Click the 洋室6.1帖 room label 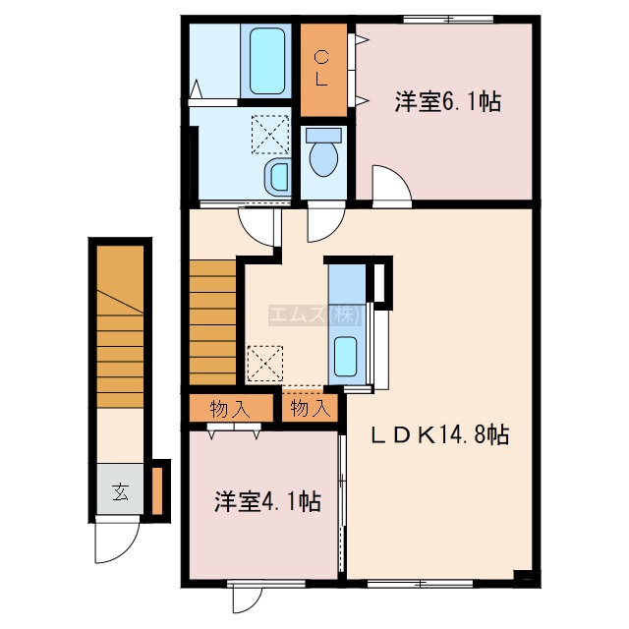coord(448,102)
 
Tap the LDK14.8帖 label coord(439,434)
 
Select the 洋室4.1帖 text coord(267,501)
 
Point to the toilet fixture coord(323,152)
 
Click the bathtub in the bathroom coord(267,61)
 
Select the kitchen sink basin coord(345,357)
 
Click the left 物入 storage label coord(230,409)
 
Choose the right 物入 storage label coord(311,409)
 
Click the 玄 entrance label coord(120,491)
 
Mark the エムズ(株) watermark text coord(315,314)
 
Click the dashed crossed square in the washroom coord(270,135)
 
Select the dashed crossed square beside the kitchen coord(264,364)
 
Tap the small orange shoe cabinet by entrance coord(157,491)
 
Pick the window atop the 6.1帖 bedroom coord(448,19)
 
